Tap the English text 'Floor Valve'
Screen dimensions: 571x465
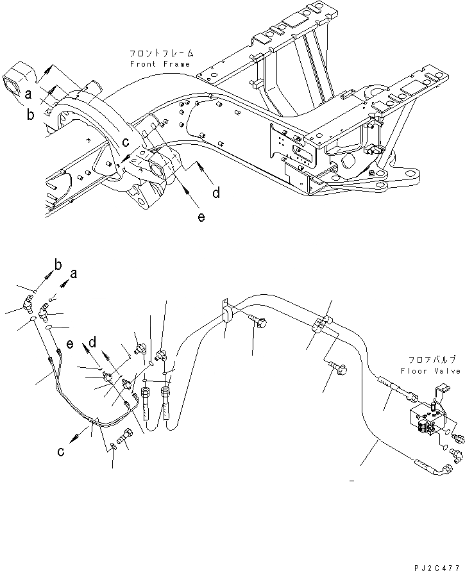[430, 371]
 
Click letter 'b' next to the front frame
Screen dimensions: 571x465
[30, 115]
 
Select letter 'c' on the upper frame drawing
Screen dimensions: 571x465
[126, 142]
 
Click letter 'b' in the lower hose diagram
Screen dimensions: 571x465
[58, 265]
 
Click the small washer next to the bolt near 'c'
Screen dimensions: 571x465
[113, 447]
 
